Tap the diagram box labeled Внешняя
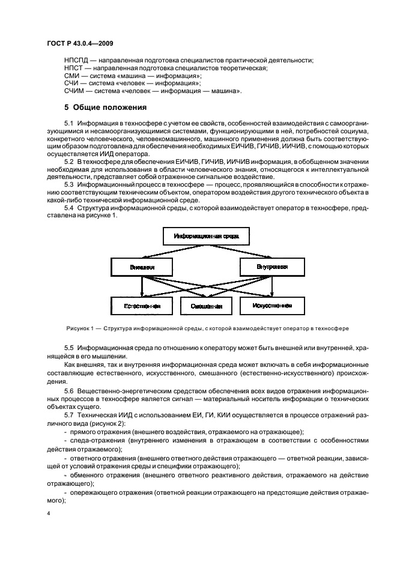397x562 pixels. pos(142,267)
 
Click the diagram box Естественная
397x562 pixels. pos(142,306)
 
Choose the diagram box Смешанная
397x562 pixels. pos(207,306)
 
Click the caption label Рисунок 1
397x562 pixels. pos(80,328)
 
